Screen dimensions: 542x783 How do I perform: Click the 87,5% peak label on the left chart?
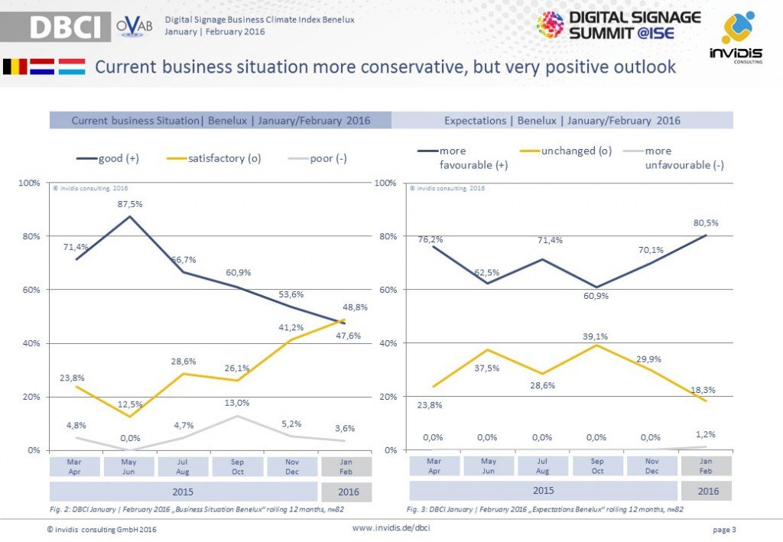pos(129,204)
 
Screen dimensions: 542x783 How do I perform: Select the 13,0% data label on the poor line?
pos(237,403)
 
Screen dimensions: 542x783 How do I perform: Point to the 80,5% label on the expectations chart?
pos(706,222)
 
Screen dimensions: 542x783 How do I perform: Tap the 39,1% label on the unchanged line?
pos(597,334)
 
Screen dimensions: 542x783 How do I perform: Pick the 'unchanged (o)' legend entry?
pos(566,151)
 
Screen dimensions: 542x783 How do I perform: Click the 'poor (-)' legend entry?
pos(317,158)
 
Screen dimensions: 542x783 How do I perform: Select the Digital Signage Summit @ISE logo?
pos(619,24)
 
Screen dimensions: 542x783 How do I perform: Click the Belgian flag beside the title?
pos(15,67)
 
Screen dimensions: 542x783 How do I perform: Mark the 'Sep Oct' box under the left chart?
pos(237,466)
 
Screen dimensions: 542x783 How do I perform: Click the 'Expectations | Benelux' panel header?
pos(562,120)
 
